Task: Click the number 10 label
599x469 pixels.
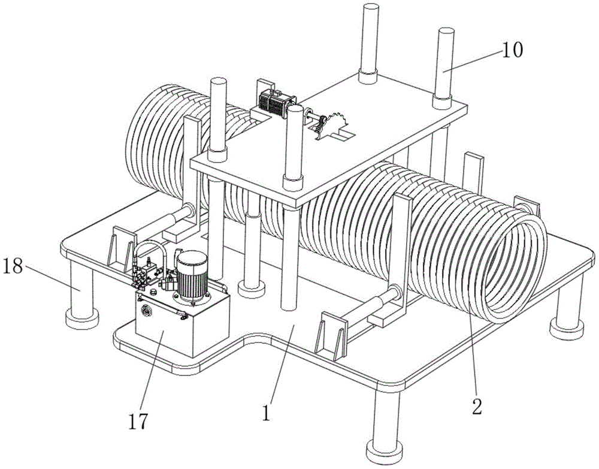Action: [513, 50]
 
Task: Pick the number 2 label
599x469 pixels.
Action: [476, 406]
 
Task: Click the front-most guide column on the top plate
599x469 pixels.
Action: [292, 144]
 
